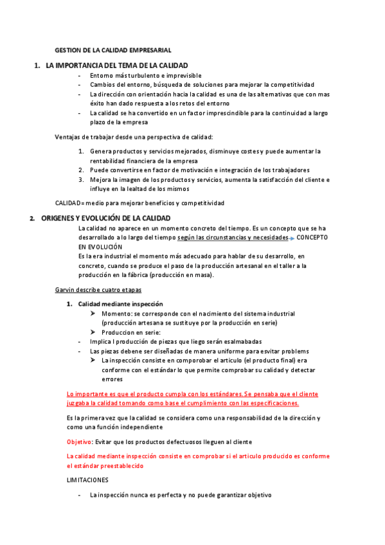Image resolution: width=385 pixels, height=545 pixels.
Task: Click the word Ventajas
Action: click(x=69, y=136)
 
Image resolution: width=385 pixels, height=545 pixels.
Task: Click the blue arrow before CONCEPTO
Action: click(x=291, y=238)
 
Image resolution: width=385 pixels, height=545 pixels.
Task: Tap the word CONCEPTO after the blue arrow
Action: click(x=312, y=237)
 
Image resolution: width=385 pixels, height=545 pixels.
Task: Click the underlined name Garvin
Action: click(x=66, y=290)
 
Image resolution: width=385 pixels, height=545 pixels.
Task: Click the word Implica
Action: click(x=101, y=342)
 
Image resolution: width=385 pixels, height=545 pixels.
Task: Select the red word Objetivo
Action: click(x=79, y=442)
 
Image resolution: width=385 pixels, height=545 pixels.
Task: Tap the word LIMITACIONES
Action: click(x=88, y=480)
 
